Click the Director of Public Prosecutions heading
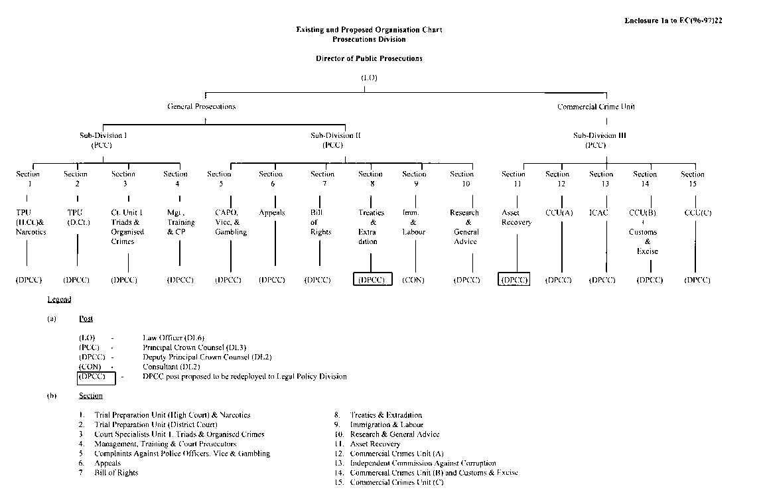(369, 58)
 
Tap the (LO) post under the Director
(369, 78)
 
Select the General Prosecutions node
(202, 106)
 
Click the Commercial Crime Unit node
(596, 106)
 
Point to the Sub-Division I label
(104, 135)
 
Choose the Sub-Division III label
(596, 135)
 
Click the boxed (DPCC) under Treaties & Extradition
(372, 280)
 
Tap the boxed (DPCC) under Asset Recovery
(514, 280)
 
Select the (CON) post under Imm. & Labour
(413, 280)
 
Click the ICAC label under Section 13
(598, 213)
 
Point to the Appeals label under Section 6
(272, 213)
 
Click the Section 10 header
(462, 178)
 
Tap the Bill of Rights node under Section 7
(317, 222)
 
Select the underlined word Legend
(59, 300)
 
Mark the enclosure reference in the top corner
(673, 21)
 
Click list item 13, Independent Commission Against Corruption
(423, 463)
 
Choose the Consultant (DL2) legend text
(171, 367)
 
